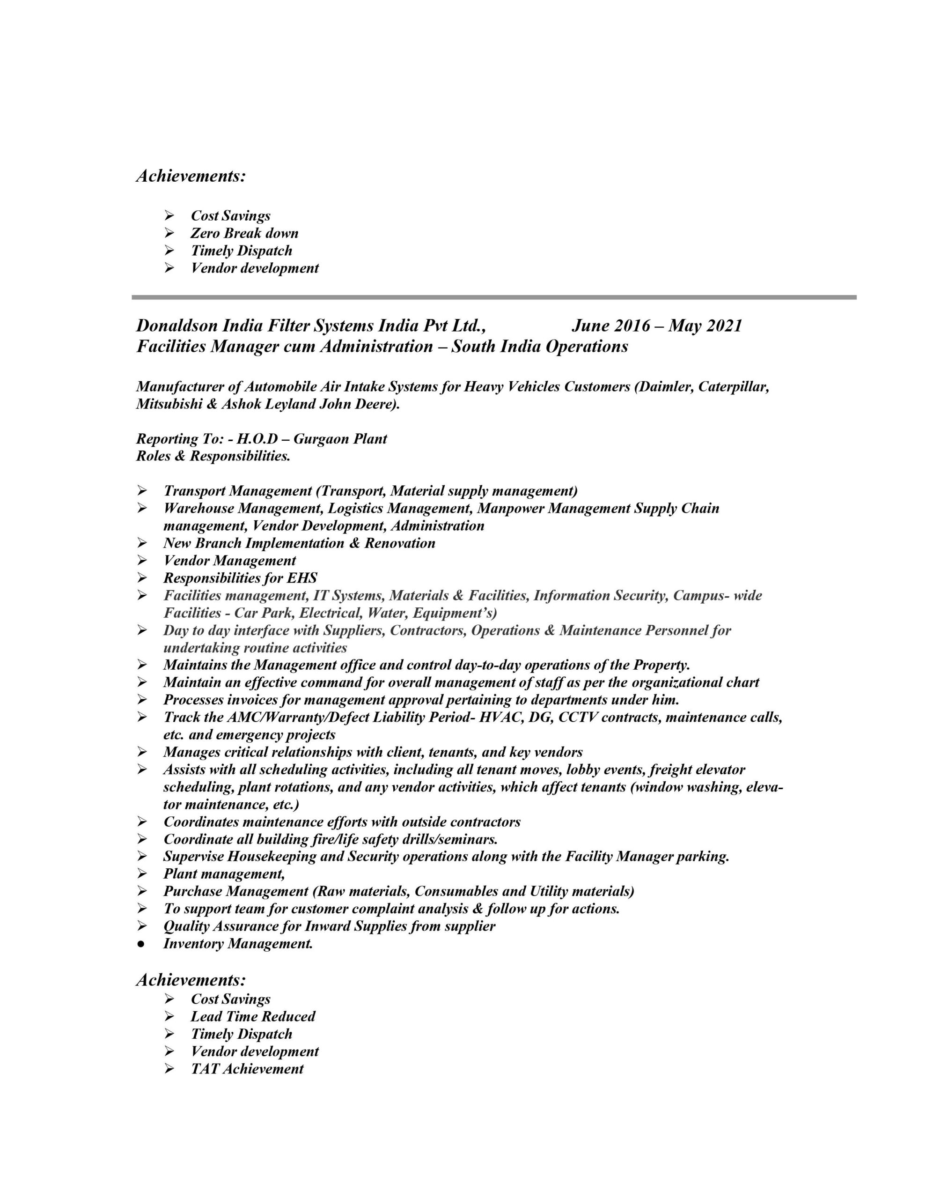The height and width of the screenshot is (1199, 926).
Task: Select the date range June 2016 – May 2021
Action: coord(656,326)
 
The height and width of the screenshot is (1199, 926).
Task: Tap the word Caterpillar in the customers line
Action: coord(732,387)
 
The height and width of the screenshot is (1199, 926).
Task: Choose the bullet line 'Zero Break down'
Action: coord(244,233)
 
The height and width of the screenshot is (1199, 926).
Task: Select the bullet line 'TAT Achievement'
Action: coord(247,1069)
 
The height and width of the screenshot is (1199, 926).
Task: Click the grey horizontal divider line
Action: coord(493,297)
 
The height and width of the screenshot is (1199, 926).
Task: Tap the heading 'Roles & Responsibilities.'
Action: coord(213,456)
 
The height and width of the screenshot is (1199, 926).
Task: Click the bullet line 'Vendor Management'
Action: coord(229,561)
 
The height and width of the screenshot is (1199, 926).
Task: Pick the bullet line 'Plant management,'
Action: coord(224,874)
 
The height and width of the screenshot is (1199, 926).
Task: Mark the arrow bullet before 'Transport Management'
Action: coord(142,491)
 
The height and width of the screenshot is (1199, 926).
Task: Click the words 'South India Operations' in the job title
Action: coord(540,347)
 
